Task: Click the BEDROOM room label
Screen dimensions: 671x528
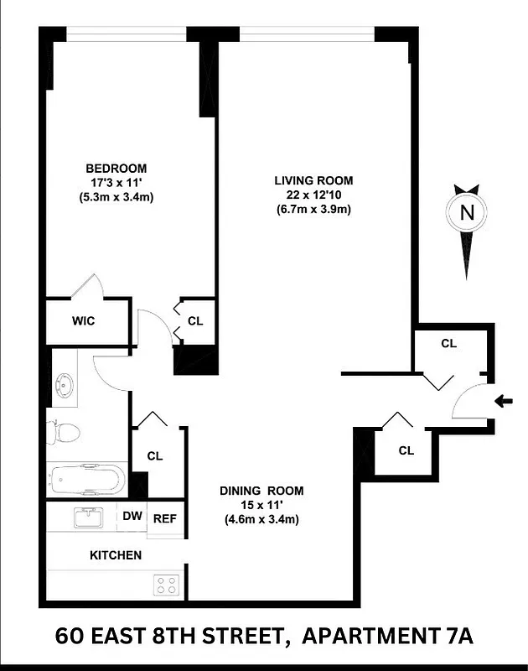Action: pos(116,167)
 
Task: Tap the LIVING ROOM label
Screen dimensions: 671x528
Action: pos(313,180)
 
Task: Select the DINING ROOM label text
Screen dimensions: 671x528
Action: pos(261,491)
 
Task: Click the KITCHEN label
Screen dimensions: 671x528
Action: pos(116,555)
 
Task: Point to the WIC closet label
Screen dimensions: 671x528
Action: pos(83,320)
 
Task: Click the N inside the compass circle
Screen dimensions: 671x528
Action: pos(468,213)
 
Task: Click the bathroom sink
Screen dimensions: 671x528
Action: pos(65,388)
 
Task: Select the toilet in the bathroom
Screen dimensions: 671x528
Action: pos(64,433)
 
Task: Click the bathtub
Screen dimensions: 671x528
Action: pos(87,481)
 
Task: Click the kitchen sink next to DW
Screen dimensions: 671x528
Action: pos(87,518)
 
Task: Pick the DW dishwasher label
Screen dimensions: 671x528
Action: pos(132,517)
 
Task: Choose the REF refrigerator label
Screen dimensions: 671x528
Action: pos(164,518)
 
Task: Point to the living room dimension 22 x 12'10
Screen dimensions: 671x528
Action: pos(313,195)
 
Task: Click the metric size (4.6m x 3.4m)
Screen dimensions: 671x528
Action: pos(261,519)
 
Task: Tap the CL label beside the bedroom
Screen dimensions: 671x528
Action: pos(195,320)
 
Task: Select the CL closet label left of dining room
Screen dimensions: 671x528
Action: pos(154,456)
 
